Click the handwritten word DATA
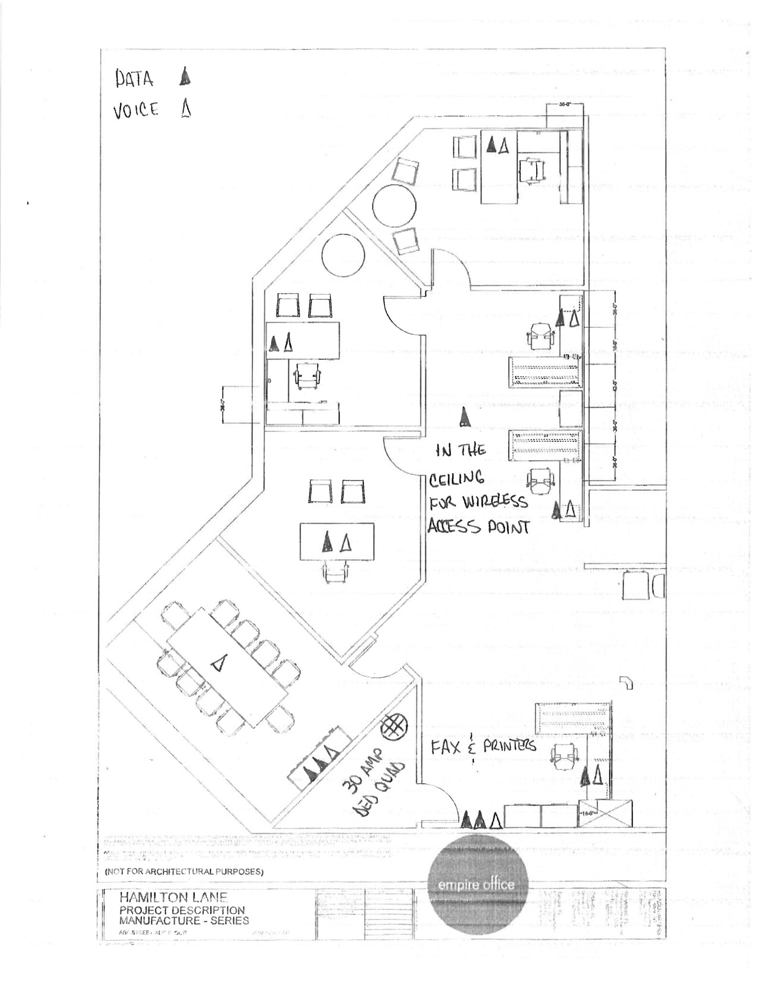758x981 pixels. (x=134, y=79)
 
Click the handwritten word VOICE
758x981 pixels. (x=136, y=111)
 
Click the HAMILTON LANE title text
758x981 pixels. (x=173, y=897)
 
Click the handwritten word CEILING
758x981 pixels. (x=456, y=478)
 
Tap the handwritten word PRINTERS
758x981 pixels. (x=509, y=746)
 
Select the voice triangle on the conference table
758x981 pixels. (x=218, y=663)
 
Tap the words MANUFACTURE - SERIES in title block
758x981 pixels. (x=184, y=920)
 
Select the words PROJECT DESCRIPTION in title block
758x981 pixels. (x=182, y=909)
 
